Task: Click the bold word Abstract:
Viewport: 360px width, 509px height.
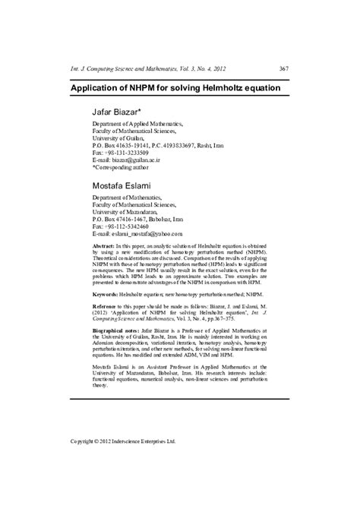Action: pos(103,248)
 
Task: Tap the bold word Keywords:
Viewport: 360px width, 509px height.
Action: pos(105,314)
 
